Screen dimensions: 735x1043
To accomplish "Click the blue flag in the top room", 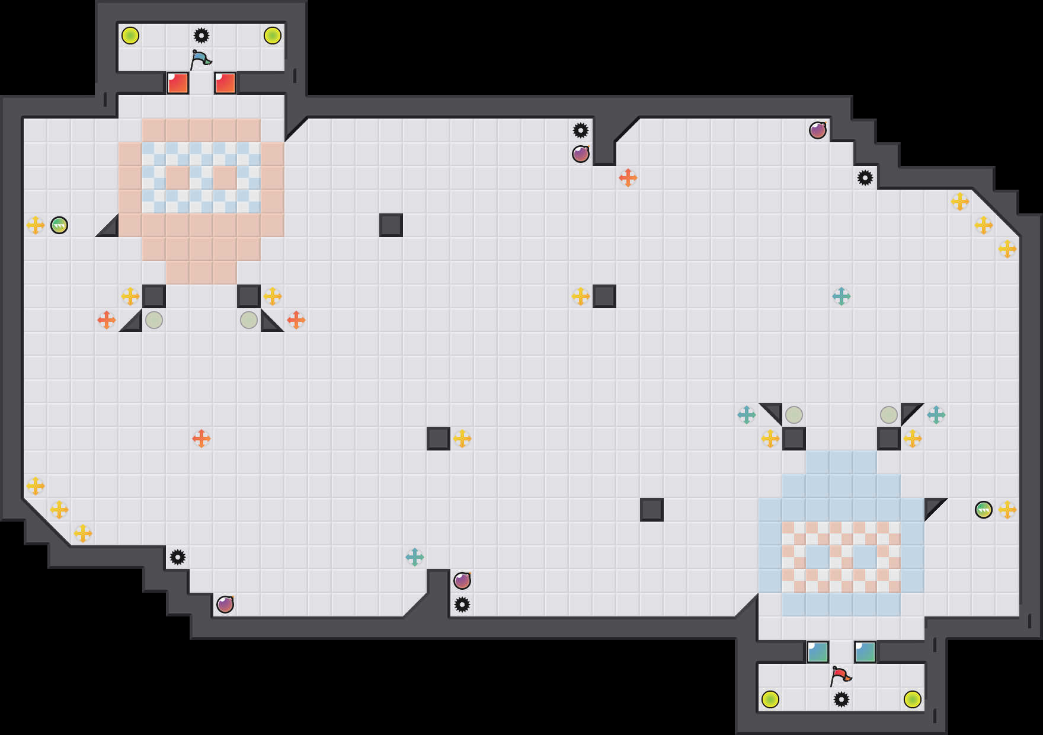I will [200, 59].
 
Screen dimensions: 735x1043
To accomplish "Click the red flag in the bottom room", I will [840, 676].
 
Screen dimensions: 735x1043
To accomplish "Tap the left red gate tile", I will [178, 83].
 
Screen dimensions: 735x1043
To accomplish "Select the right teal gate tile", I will [865, 652].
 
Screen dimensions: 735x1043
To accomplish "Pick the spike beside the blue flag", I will [201, 36].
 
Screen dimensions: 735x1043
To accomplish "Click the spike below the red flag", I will [842, 699].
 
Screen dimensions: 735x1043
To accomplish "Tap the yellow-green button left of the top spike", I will [130, 36].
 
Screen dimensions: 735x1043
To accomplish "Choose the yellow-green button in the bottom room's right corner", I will [913, 699].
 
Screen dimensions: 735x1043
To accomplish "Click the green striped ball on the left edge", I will [59, 225].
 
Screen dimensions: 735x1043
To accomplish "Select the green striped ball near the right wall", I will [984, 510].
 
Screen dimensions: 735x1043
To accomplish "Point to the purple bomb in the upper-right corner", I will [818, 130].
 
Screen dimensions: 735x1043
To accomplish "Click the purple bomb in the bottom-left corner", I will [225, 605].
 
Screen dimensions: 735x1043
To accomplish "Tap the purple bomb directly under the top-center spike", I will [581, 154].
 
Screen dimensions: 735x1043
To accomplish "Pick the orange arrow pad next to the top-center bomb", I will [628, 178].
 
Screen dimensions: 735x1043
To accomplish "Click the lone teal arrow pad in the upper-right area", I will [842, 296].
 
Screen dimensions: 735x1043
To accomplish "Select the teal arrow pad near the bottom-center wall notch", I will [415, 557].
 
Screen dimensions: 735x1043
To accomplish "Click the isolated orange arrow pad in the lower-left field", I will [201, 439].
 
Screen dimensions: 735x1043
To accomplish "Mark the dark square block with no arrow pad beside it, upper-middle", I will [391, 225].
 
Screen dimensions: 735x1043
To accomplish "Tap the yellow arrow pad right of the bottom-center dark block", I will [462, 439].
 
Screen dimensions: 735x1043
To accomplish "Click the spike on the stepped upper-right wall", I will [865, 178].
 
